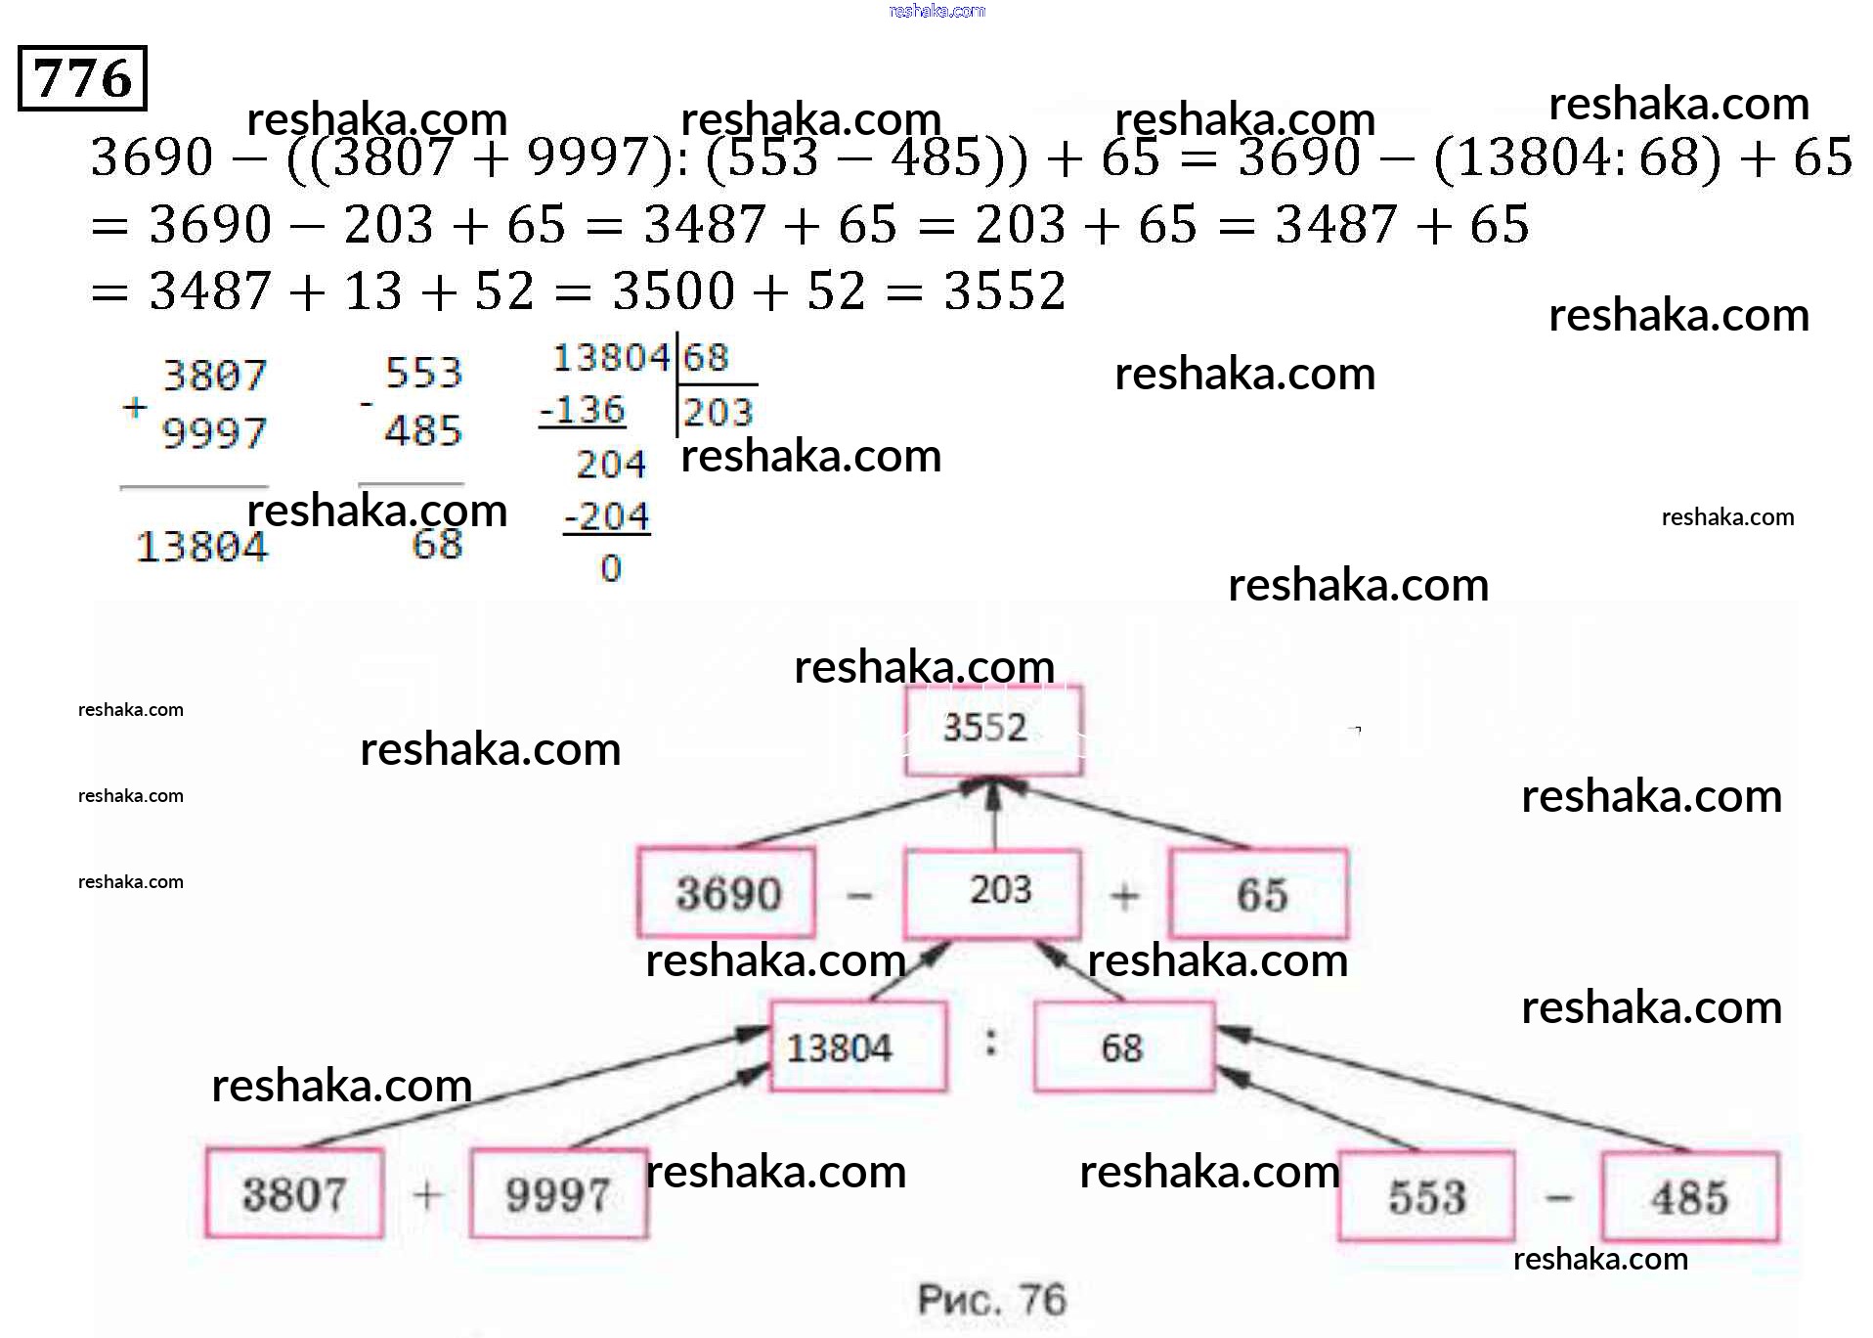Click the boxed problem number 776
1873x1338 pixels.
tap(82, 78)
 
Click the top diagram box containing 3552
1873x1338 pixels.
tap(992, 729)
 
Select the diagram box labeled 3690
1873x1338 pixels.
tap(726, 893)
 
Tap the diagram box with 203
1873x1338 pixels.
tap(994, 892)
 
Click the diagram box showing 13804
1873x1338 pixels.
tap(857, 1048)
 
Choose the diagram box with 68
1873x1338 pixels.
tap(1123, 1048)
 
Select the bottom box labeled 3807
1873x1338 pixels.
tap(294, 1194)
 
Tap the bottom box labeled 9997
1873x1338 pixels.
tap(558, 1194)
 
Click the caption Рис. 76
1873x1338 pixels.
tap(991, 1300)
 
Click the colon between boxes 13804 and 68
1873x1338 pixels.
tap(991, 1043)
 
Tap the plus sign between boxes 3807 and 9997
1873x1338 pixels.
tap(427, 1194)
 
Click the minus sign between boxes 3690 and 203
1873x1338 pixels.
tap(859, 895)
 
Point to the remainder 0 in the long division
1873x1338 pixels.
tap(611, 568)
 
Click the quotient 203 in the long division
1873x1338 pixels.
tap(719, 413)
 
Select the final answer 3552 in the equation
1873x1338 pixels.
tap(1005, 291)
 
